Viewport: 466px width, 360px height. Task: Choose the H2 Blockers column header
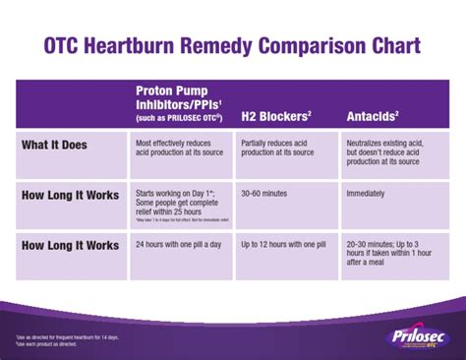point(278,116)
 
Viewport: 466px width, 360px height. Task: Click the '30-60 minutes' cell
point(269,194)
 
